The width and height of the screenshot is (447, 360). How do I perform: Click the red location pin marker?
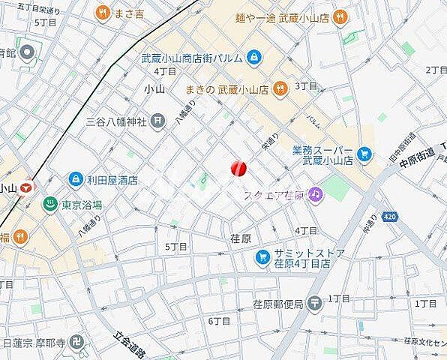(238, 169)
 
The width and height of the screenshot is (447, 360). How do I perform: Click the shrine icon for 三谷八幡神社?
(158, 119)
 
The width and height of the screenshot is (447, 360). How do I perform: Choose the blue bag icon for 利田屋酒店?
(76, 179)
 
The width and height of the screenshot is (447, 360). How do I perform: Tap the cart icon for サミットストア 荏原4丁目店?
(262, 259)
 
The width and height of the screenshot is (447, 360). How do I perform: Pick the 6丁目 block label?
(219, 321)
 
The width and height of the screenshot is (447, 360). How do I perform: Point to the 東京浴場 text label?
(82, 206)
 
